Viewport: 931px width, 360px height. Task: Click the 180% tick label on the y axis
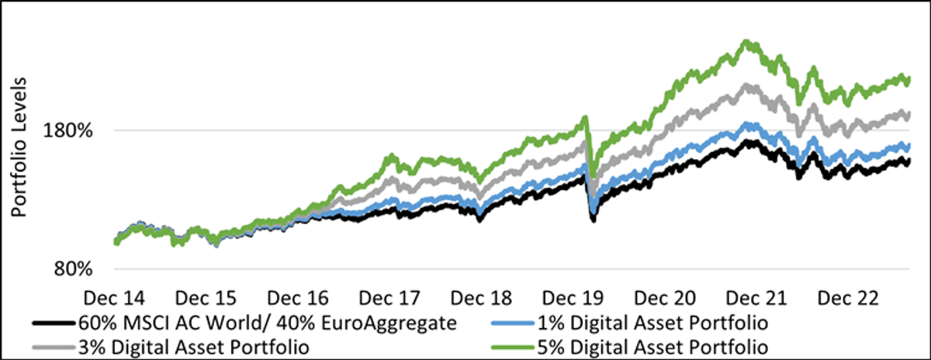(x=67, y=131)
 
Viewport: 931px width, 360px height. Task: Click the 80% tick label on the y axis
(x=73, y=269)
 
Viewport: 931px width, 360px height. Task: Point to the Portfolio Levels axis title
(x=19, y=147)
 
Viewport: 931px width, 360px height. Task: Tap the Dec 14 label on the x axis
(x=114, y=298)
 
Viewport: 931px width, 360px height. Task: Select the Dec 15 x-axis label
(x=206, y=298)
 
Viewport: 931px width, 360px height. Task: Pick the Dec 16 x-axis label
(x=298, y=298)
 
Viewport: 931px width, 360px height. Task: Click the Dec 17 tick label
(x=389, y=298)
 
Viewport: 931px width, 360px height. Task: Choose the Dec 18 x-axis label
(x=481, y=298)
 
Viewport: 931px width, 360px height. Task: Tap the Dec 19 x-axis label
(x=573, y=298)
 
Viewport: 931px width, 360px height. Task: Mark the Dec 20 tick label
(x=665, y=298)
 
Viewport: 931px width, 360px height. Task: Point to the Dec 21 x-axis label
(x=756, y=298)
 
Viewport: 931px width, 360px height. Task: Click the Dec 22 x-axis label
(x=848, y=298)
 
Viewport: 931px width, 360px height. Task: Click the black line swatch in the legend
(x=54, y=323)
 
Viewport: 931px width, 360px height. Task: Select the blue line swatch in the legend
(x=513, y=323)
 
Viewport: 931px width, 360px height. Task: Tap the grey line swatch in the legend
(x=54, y=347)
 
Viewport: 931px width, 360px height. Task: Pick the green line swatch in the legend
(x=513, y=347)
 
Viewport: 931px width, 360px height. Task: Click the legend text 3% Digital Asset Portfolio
(x=194, y=348)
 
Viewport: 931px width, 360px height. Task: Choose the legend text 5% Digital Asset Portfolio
(x=652, y=348)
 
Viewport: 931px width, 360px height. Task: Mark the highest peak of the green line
(x=746, y=42)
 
